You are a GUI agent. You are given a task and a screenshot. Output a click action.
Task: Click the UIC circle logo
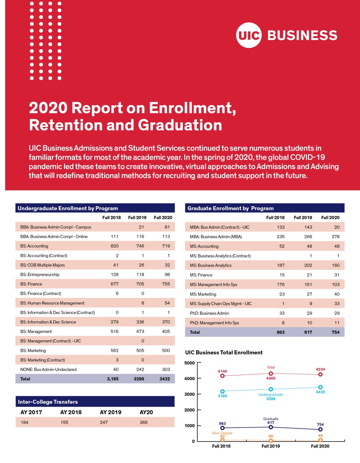[x=249, y=35]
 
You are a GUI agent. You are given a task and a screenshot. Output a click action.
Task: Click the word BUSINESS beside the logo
[x=302, y=36]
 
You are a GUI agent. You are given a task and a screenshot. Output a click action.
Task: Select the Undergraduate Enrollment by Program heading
[x=68, y=208]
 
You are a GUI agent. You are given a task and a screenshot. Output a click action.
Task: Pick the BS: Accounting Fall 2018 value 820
[x=115, y=246]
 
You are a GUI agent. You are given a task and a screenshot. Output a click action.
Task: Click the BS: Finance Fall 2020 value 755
[x=166, y=284]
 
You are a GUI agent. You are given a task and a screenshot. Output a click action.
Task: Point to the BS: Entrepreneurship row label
[x=40, y=274]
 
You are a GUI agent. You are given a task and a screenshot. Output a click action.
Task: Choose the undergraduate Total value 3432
[x=165, y=379]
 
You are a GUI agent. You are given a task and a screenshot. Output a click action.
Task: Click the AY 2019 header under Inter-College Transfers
[x=111, y=412]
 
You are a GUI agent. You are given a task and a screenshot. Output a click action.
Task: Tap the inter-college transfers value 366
[x=143, y=422]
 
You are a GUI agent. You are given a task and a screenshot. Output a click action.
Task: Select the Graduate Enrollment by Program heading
[x=230, y=208]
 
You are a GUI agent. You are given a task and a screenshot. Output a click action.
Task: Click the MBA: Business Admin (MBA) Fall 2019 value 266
[x=308, y=237]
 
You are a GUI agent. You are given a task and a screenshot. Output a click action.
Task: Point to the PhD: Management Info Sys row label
[x=214, y=323]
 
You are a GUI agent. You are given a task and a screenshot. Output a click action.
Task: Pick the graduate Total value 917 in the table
[x=308, y=332]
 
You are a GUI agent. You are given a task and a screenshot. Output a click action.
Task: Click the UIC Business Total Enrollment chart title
[x=224, y=353]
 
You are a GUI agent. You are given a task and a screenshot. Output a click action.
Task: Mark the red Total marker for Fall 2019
[x=271, y=374]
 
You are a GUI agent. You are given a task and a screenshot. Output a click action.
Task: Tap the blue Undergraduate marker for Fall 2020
[x=320, y=387]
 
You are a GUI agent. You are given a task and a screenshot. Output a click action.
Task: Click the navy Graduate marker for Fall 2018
[x=222, y=428]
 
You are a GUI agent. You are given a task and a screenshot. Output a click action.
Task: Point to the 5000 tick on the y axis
[x=189, y=363]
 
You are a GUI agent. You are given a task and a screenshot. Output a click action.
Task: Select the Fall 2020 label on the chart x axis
[x=320, y=446]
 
